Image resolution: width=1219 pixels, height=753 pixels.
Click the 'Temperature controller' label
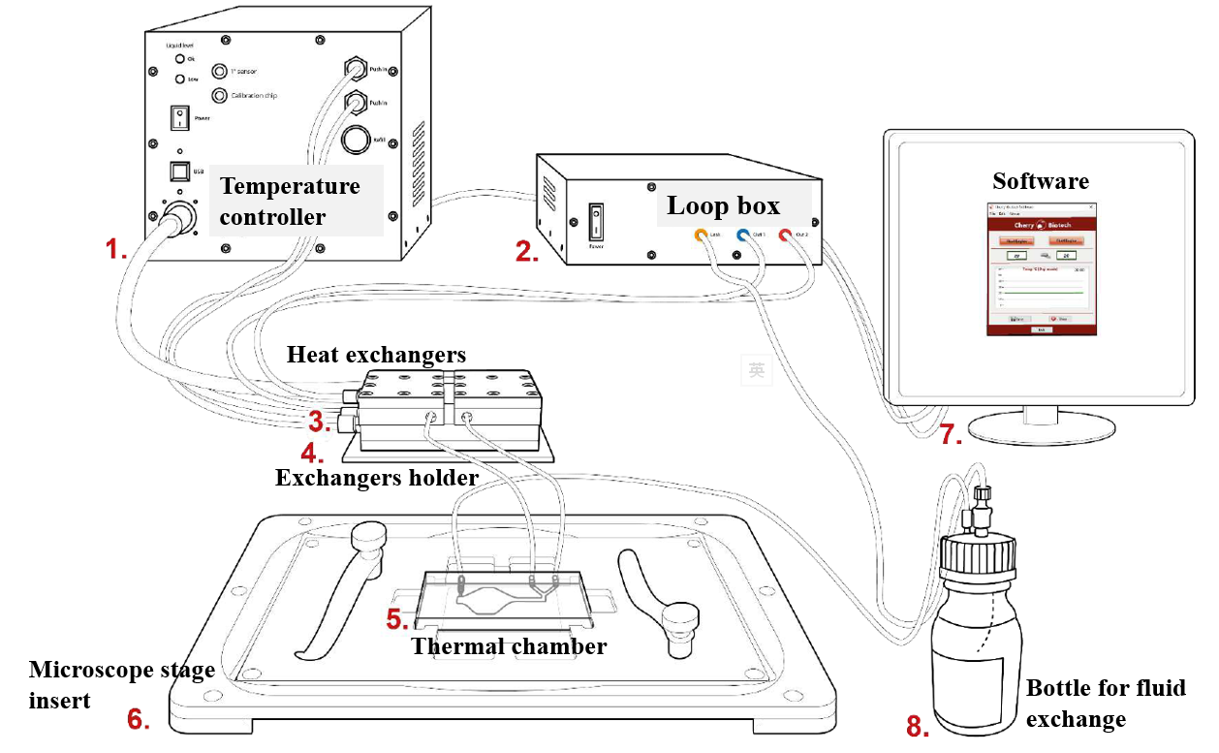pyautogui.click(x=290, y=201)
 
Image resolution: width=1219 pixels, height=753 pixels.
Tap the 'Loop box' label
pyautogui.click(x=723, y=205)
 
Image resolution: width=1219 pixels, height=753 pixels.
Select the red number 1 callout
pyautogui.click(x=116, y=250)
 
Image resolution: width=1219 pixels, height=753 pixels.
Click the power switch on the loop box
pyautogui.click(x=597, y=222)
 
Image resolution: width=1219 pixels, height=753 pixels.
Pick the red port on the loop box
pyautogui.click(x=784, y=235)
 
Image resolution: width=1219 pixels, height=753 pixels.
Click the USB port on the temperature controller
pyautogui.click(x=178, y=172)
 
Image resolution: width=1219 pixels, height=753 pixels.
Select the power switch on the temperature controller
pyautogui.click(x=178, y=117)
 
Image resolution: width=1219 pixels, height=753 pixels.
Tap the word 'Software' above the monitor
pyautogui.click(x=1041, y=181)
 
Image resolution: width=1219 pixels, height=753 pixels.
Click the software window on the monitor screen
pyautogui.click(x=1040, y=268)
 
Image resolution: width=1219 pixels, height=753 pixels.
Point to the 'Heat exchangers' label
pyautogui.click(x=376, y=355)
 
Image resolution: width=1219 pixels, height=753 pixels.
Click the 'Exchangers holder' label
pyautogui.click(x=377, y=478)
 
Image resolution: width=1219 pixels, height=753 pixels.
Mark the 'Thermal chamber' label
pyautogui.click(x=509, y=646)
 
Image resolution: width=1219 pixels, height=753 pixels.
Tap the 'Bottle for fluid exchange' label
pyautogui.click(x=1106, y=703)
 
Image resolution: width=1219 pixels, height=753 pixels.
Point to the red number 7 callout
pyautogui.click(x=951, y=435)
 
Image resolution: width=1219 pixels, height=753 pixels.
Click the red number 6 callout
pyautogui.click(x=139, y=719)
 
